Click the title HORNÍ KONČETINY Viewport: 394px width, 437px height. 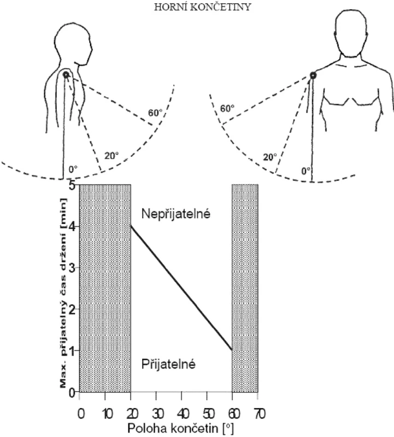(203, 7)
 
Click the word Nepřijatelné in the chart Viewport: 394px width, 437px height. (176, 214)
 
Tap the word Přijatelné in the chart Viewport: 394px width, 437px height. (168, 364)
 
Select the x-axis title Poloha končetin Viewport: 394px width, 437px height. (181, 428)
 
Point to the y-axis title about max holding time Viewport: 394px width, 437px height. (63, 293)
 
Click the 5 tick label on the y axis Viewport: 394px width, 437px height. (72, 185)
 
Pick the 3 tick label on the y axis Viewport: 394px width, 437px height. (72, 268)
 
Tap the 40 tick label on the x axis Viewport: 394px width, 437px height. (181, 414)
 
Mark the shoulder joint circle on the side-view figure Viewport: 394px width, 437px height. (66, 75)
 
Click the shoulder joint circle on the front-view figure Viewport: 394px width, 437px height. (313, 75)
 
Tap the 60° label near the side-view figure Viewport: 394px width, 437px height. (155, 113)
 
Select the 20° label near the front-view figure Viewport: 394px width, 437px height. (270, 157)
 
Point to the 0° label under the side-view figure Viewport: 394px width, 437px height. (73, 169)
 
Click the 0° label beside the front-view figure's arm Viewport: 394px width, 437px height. (306, 171)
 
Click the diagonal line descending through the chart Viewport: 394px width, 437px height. (181, 288)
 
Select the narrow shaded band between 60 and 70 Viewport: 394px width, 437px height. (245, 288)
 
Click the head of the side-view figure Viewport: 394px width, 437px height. (73, 44)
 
